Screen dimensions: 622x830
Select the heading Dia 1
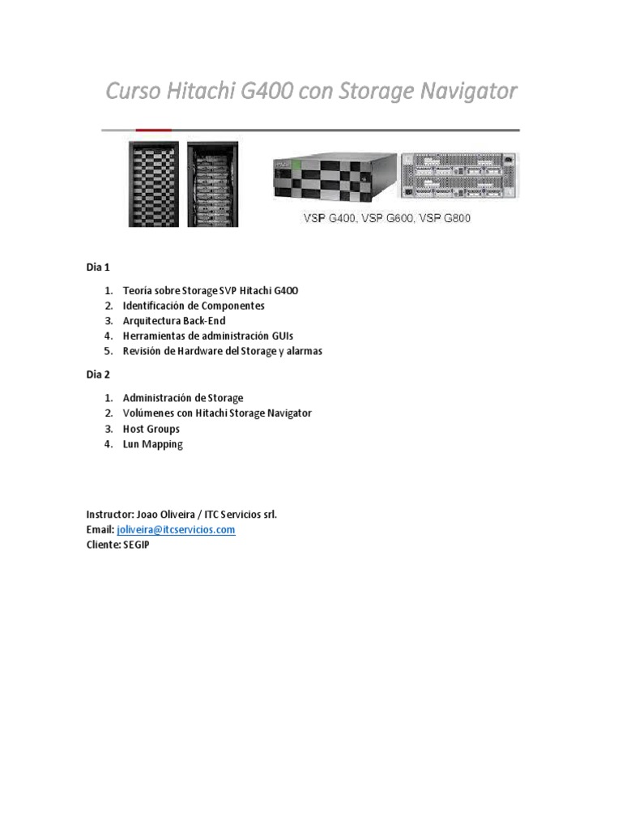coord(98,267)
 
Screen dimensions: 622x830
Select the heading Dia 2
coord(98,374)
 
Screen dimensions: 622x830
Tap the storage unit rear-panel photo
coord(459,176)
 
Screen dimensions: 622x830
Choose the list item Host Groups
coord(151,429)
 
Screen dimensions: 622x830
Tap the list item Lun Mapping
coord(152,444)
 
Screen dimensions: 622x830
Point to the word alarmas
coord(302,351)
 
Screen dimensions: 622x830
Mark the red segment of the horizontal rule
coord(153,130)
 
